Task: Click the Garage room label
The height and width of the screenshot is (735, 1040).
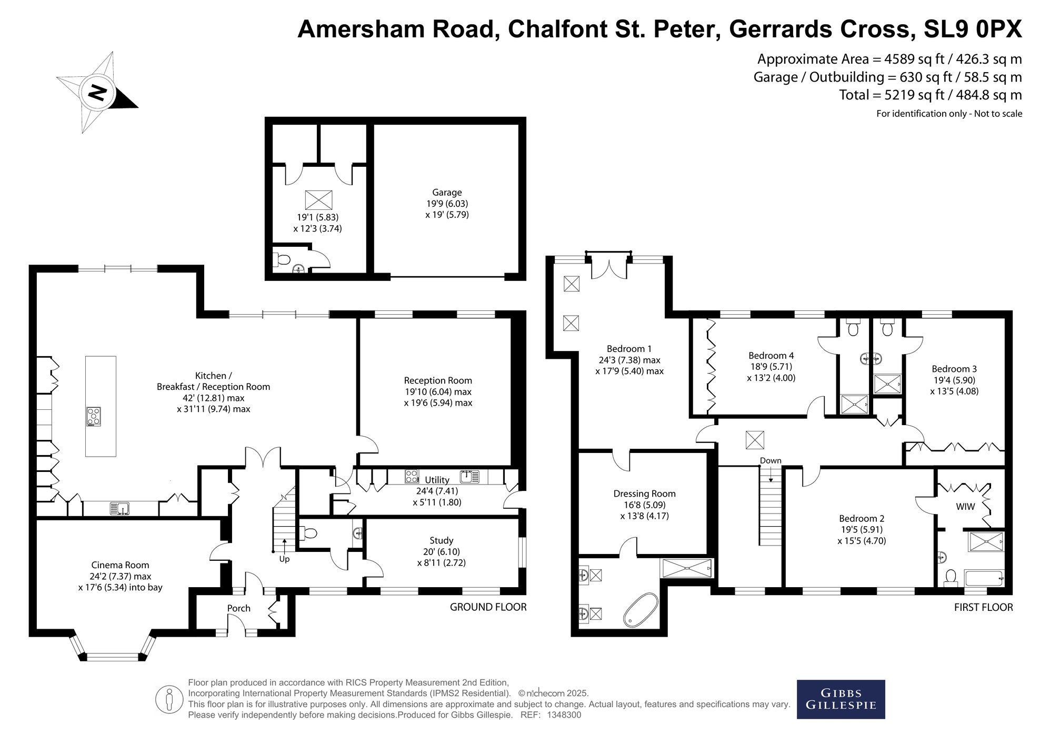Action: point(447,193)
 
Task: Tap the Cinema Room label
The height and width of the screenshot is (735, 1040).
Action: point(120,565)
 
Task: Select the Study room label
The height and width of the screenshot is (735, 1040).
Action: point(441,540)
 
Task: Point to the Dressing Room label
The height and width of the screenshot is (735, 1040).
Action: point(644,494)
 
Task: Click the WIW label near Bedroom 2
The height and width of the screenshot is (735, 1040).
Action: point(965,507)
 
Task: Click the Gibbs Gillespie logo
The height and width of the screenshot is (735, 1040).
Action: point(841,699)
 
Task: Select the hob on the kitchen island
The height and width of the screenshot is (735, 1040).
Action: point(94,417)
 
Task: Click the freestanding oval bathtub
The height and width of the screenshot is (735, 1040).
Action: point(641,610)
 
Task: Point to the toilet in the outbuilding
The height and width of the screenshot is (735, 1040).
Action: point(282,259)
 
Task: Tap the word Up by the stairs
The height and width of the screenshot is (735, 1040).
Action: point(284,559)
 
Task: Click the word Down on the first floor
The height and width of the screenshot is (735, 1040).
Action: point(771,460)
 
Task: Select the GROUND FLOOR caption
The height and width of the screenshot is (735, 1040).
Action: point(488,607)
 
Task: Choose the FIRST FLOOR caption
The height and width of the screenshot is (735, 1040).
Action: point(983,607)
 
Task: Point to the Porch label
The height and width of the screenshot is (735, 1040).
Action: point(238,608)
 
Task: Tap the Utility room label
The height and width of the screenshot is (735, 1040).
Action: point(437,480)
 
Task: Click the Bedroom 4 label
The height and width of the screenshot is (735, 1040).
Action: point(771,356)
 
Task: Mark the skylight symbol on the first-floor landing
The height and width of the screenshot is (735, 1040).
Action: point(755,440)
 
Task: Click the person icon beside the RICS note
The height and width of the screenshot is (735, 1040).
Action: point(169,699)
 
